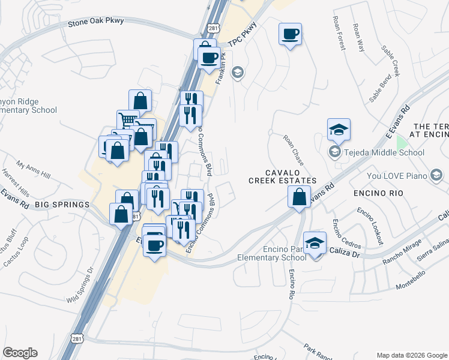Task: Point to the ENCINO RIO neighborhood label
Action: click(378, 194)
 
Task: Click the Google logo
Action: click(20, 353)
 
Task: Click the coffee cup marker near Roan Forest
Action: click(291, 35)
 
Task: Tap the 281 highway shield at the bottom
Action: click(77, 339)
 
